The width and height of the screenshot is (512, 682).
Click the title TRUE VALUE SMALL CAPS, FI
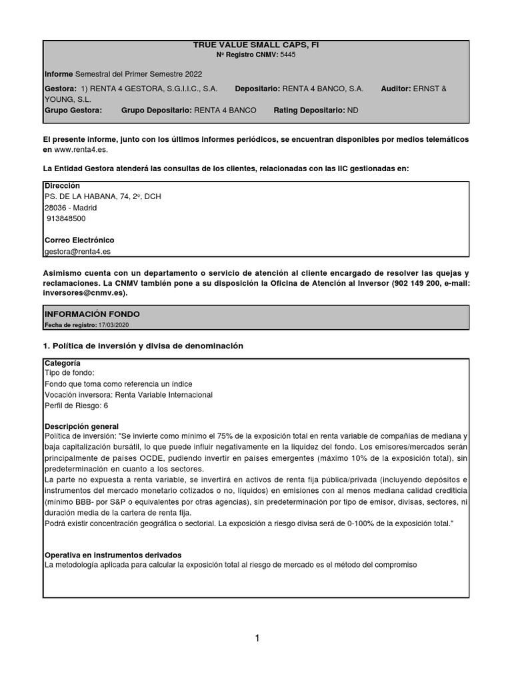[256, 45]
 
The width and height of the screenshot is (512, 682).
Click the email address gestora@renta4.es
[77, 251]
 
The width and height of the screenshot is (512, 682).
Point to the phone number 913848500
[66, 218]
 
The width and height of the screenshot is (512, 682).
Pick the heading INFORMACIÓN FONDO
[92, 314]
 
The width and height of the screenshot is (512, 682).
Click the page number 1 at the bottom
[257, 638]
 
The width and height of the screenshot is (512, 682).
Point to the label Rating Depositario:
[309, 110]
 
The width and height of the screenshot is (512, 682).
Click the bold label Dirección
[62, 185]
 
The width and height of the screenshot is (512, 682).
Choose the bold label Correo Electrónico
[79, 240]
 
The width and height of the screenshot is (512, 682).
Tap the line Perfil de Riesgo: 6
[76, 406]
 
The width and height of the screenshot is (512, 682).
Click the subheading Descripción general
[81, 426]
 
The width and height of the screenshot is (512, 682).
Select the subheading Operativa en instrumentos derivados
[113, 555]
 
